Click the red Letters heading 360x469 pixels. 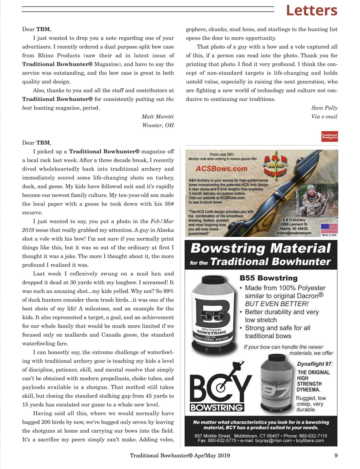tap(311, 11)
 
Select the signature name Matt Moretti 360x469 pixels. tap(157, 117)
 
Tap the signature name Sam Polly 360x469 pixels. tap(324, 108)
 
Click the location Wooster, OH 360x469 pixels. tap(158, 125)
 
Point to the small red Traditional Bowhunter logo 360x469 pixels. tap(329, 136)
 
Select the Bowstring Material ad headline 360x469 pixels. tap(260, 255)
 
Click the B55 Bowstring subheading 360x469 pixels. tap(268, 278)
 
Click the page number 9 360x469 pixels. tap(335, 455)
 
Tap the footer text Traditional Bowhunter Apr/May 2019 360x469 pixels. tap(180, 455)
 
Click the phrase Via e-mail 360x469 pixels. tap(324, 117)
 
